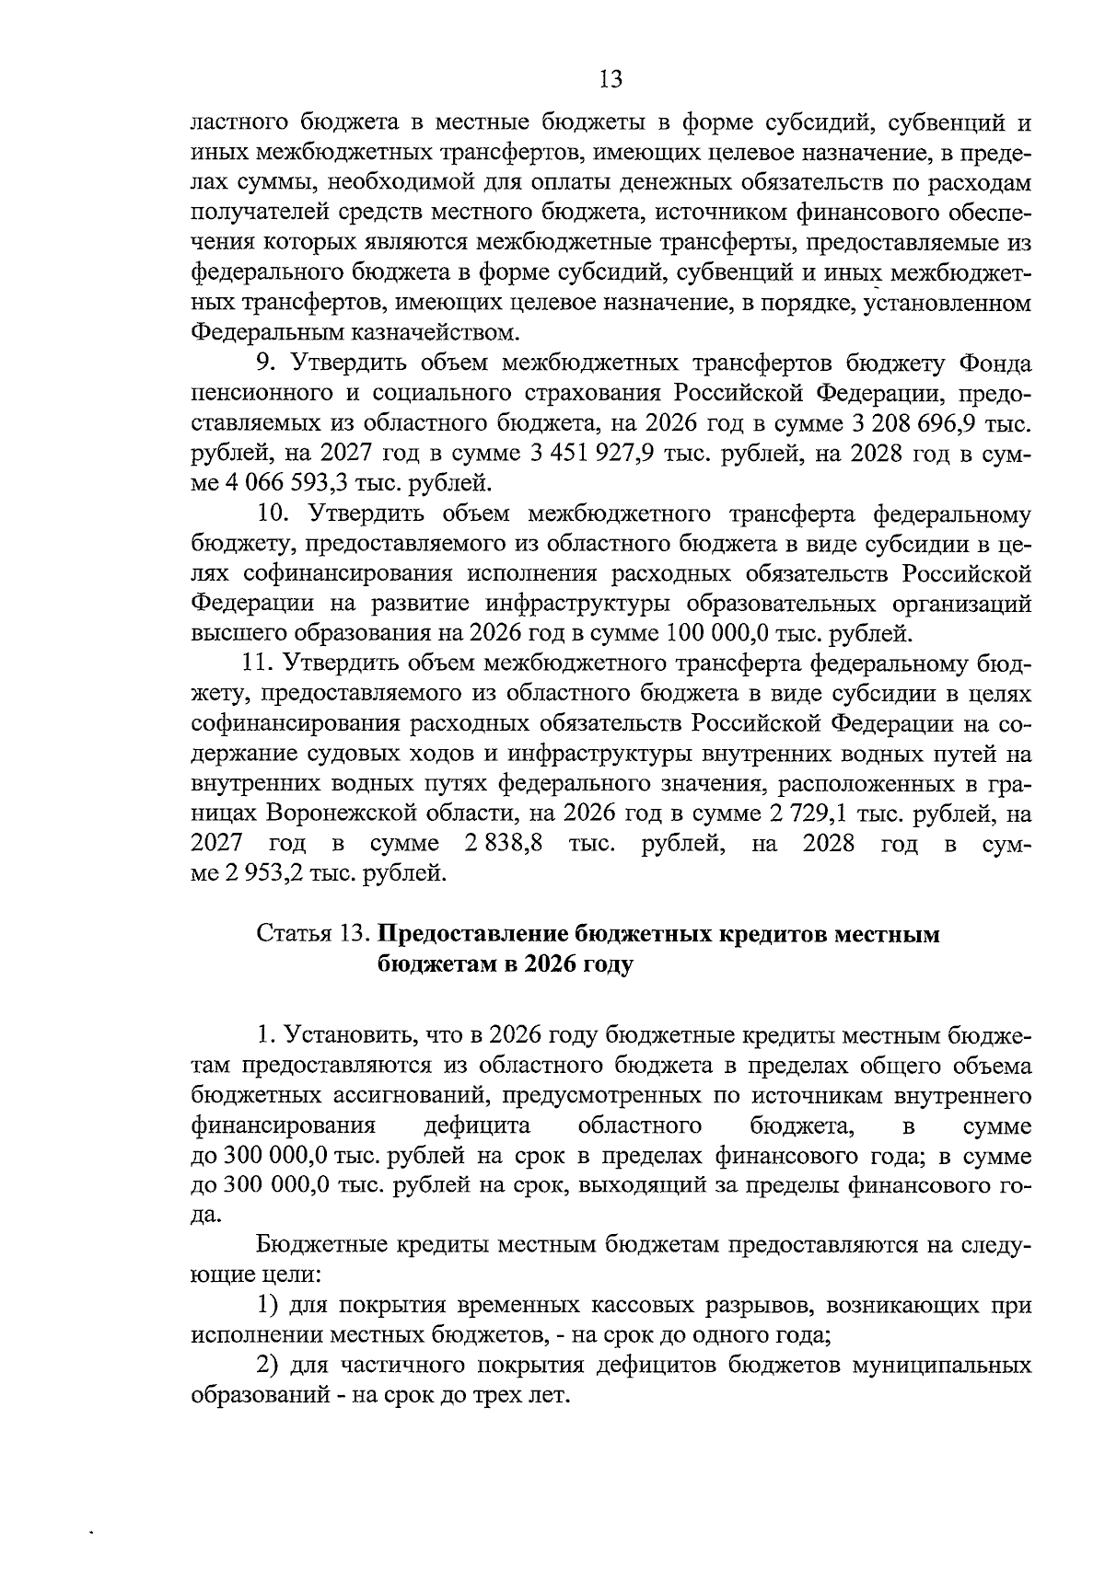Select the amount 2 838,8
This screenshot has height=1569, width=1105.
point(504,843)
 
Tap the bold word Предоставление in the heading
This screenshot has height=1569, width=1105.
point(471,934)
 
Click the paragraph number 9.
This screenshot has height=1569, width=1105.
point(264,363)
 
